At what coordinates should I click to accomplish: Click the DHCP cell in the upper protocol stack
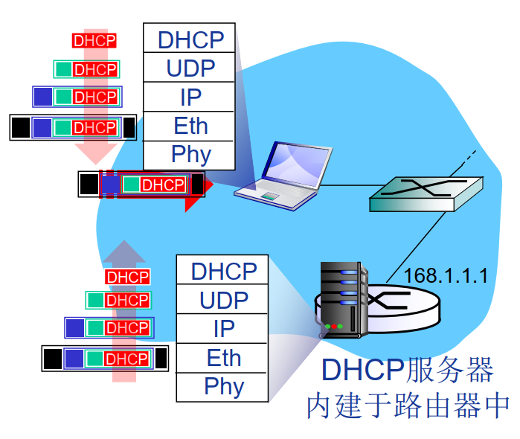coord(189,39)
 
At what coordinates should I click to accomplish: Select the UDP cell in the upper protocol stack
coord(189,68)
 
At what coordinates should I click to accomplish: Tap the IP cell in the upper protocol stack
coord(189,97)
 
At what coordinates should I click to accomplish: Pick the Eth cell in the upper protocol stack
coord(189,126)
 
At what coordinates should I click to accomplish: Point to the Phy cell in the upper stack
coord(189,155)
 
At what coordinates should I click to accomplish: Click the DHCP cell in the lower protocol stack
coord(222,271)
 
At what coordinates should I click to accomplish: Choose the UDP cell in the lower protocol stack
coord(222,300)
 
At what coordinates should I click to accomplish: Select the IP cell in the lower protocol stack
coord(222,328)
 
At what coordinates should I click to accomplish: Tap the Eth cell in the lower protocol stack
coord(222,358)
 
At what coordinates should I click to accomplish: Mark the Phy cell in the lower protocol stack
coord(222,386)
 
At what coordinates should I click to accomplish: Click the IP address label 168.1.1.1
coord(445,276)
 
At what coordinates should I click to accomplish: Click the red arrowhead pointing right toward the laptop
coord(202,184)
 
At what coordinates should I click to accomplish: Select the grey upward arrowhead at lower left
coord(123,251)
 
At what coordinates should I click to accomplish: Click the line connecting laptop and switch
coord(346,185)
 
